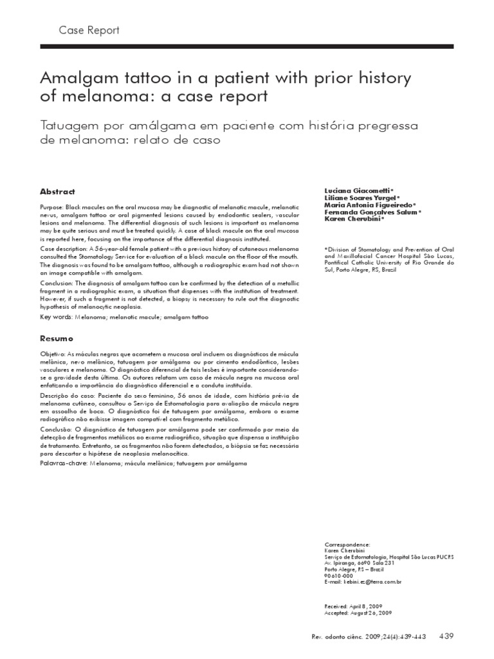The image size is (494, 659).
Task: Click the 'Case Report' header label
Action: (89, 30)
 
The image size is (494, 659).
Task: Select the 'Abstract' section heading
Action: (57, 192)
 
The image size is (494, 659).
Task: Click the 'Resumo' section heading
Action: (57, 339)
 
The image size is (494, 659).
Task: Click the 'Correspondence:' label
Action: (347, 544)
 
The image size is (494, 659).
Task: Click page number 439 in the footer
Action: (446, 636)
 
